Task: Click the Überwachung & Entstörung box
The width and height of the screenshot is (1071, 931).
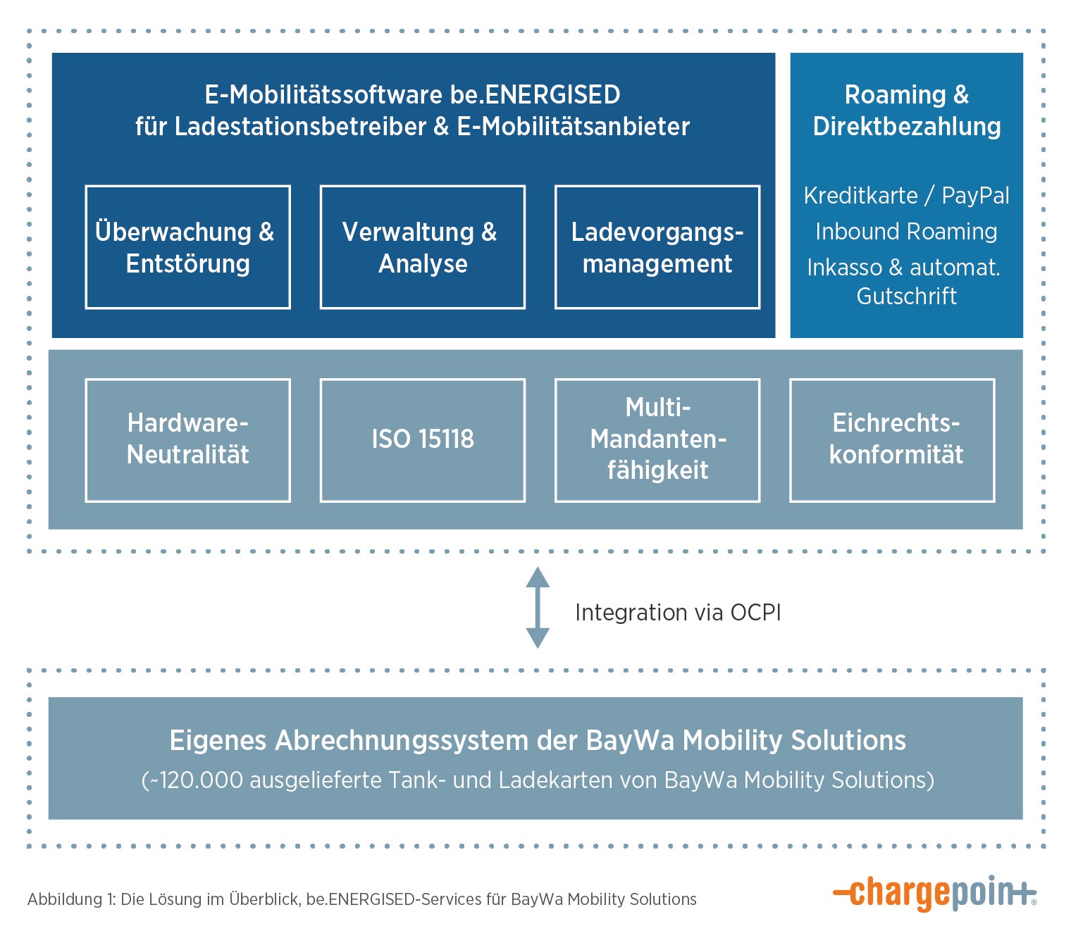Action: tap(187, 247)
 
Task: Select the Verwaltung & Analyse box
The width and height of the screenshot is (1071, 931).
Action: tap(422, 247)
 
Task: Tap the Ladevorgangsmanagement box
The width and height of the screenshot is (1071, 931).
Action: tap(657, 247)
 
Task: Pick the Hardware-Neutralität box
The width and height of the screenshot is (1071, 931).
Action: tap(187, 440)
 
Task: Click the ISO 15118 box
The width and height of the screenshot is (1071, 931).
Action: tap(422, 440)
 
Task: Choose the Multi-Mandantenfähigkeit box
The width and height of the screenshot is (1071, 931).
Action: tap(657, 440)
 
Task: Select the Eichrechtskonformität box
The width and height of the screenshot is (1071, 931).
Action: tap(892, 440)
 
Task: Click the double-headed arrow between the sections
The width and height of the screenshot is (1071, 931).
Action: tap(538, 607)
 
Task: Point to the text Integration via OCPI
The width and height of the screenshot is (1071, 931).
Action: tap(678, 613)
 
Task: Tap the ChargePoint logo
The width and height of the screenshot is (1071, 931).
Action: tap(934, 893)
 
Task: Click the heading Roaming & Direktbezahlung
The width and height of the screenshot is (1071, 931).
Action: tap(906, 111)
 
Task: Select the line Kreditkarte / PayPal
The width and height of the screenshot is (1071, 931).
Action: tap(906, 196)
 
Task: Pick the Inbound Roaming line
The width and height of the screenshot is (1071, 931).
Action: tap(906, 232)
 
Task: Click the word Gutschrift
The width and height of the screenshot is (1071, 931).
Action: tap(906, 296)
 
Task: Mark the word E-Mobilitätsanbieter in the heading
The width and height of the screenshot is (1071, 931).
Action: tap(573, 127)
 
